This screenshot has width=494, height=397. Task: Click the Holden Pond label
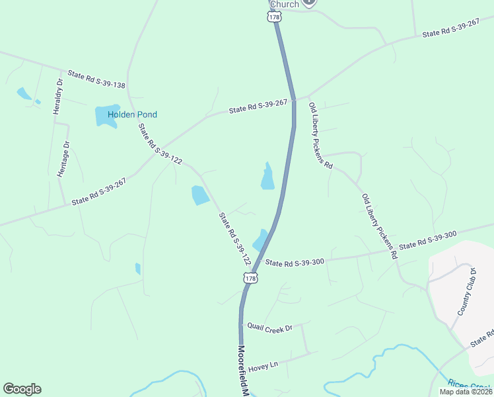(x=132, y=114)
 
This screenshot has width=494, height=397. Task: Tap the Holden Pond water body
(x=106, y=114)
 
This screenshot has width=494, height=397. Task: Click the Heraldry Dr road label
(x=58, y=96)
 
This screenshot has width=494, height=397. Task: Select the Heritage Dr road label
(x=63, y=159)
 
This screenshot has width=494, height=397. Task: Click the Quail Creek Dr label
(x=269, y=327)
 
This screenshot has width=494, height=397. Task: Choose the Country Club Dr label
(x=466, y=292)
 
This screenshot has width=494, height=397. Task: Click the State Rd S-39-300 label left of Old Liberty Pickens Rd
(x=295, y=262)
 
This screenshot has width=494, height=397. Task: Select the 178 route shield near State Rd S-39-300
(x=250, y=279)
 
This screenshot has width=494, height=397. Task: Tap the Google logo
(x=22, y=389)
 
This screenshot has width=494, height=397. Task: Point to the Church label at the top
(x=285, y=4)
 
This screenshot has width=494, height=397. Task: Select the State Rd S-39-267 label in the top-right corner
(x=450, y=28)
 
